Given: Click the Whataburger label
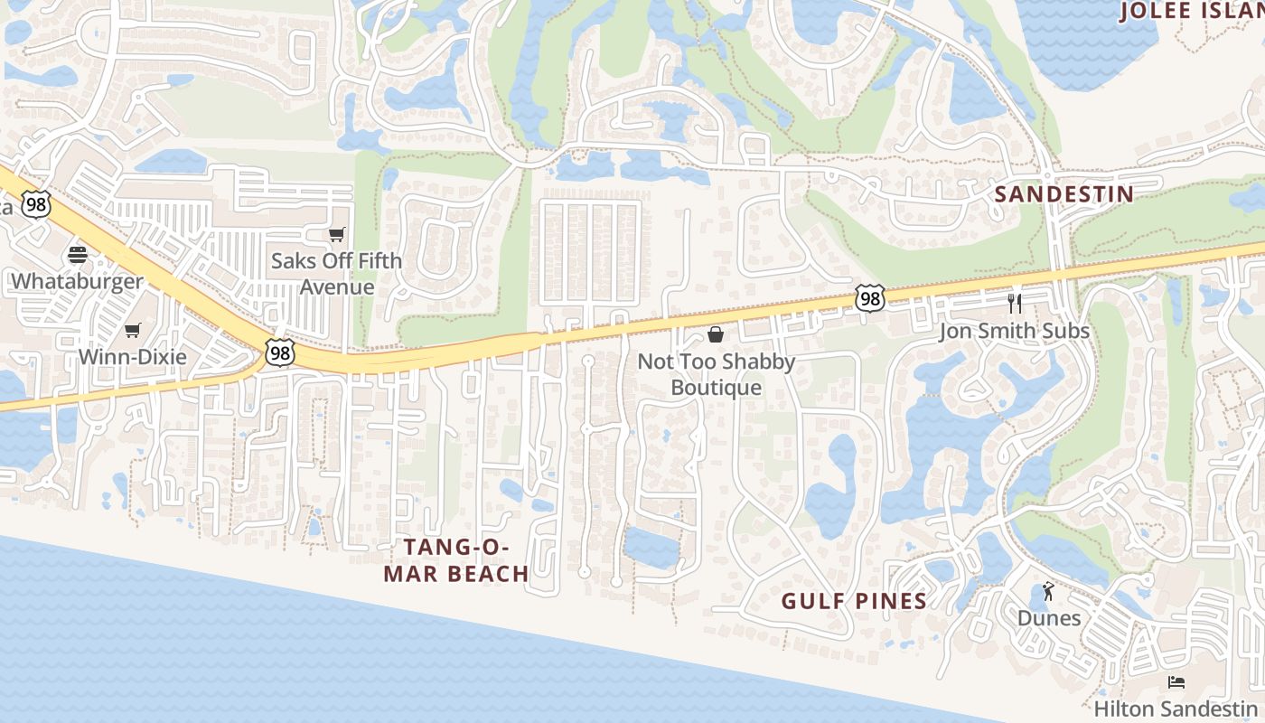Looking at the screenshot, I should [x=77, y=281].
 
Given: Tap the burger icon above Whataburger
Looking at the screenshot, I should [x=77, y=254].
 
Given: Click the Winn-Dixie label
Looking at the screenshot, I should [x=133, y=357].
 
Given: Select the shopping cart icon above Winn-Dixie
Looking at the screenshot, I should [x=133, y=330].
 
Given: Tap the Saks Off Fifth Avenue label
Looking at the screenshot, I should [x=337, y=274].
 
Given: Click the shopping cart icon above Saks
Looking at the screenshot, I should [x=337, y=235].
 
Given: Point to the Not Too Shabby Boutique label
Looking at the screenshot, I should [x=716, y=374].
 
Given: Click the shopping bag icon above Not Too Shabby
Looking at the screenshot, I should [x=716, y=335].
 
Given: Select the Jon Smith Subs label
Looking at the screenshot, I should [x=1014, y=331].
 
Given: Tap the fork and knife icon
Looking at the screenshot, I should [x=1014, y=303].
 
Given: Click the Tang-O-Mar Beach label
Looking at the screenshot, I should [x=456, y=560].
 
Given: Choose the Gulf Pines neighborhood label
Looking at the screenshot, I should [x=854, y=601].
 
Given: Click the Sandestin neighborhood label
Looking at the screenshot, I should [x=1064, y=194].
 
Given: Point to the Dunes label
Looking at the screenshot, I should [x=1048, y=618].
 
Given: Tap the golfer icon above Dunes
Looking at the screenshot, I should [x=1048, y=591].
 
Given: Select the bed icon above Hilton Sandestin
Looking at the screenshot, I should [x=1176, y=681].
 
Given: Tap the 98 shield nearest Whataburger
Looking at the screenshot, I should [x=37, y=203].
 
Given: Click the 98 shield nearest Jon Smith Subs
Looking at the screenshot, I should [x=869, y=298].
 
